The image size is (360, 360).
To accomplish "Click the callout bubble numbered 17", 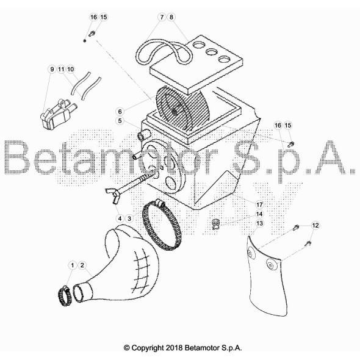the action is point(259,204).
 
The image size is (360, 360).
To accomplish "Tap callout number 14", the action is point(259,214).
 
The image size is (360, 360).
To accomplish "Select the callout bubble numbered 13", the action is point(259,223).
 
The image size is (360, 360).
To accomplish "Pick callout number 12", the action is point(315,225).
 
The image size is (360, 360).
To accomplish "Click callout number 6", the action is point(120,112).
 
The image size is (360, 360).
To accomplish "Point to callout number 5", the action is point(120,121).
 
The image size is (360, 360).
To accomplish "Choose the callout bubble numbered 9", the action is point(52,69).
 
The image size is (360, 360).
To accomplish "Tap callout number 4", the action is point(120,218).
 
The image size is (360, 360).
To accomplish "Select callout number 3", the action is point(129,218).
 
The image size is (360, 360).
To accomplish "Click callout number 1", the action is point(73,265).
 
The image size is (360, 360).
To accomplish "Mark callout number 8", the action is point(171,17).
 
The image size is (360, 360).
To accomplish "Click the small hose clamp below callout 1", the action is point(65,296).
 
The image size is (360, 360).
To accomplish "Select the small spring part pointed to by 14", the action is point(215,225).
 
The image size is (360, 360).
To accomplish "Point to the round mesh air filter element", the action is point(175,112).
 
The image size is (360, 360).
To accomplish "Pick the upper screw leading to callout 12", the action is point(296,228).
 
